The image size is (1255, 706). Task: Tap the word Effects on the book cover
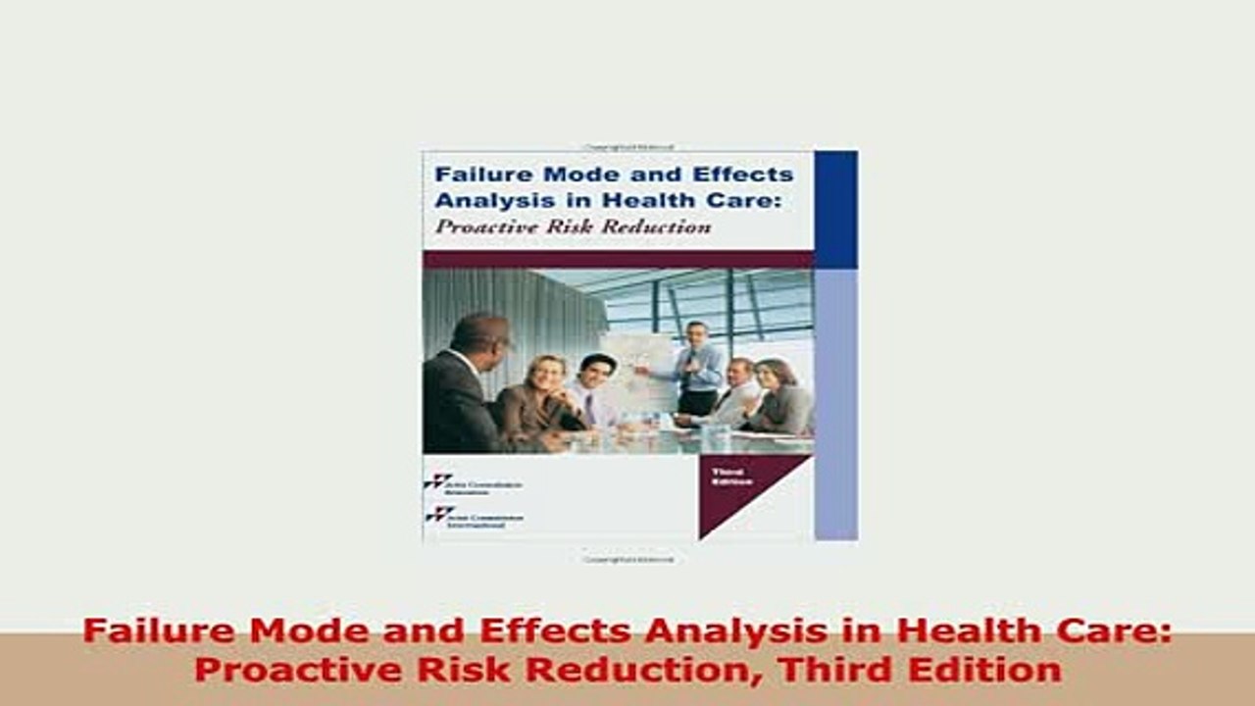coord(750,175)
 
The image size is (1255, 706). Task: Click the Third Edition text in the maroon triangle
coord(732,478)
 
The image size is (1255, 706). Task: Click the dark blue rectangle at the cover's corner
coord(835,209)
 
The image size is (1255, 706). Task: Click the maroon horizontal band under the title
coord(618,260)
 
